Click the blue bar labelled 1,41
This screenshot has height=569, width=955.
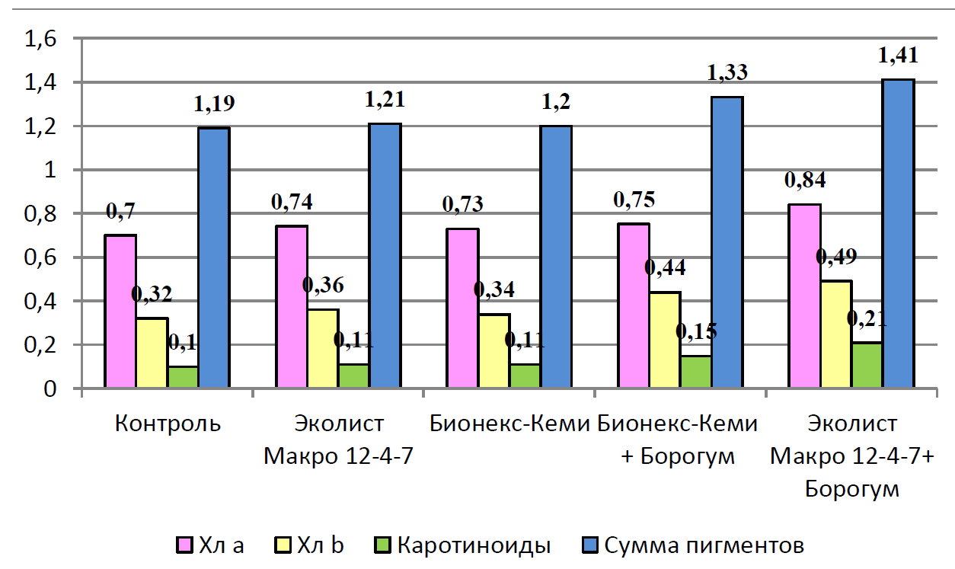click(x=898, y=234)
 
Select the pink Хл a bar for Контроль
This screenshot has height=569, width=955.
click(x=120, y=312)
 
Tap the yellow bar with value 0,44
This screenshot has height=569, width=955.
click(x=666, y=340)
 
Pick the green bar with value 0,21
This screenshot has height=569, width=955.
click(x=867, y=366)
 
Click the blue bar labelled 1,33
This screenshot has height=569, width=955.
click(x=727, y=242)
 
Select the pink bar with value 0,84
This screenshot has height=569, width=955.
click(x=805, y=296)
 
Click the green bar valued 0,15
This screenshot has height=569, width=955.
click(x=696, y=372)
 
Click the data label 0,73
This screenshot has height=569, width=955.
click(x=462, y=205)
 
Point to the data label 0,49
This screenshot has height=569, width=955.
click(x=835, y=257)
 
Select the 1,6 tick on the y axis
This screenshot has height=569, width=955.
click(x=42, y=39)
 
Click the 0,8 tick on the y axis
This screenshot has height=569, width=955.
click(x=42, y=214)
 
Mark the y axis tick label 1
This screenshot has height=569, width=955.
click(x=52, y=171)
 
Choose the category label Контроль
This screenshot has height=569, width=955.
click(x=168, y=424)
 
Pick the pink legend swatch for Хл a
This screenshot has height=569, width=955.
click(x=184, y=545)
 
